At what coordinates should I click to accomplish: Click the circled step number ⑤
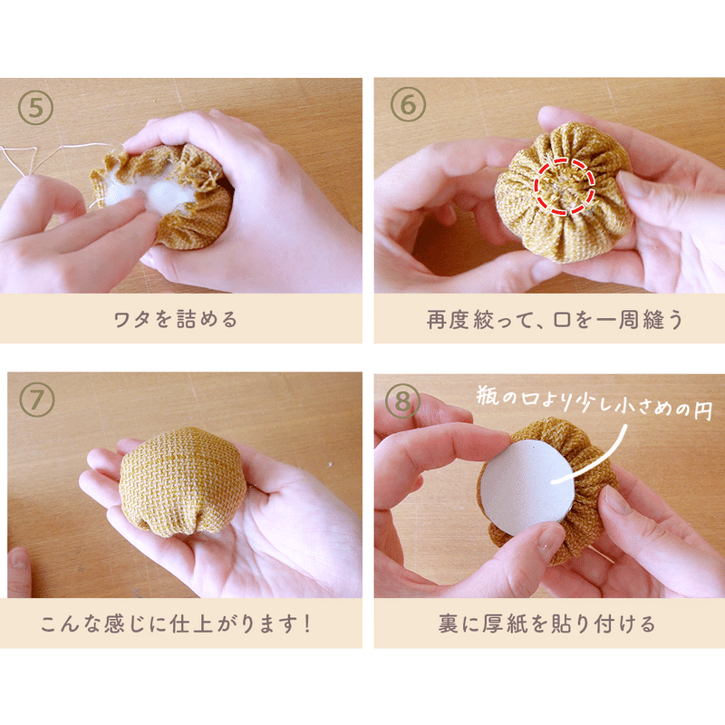tap(36, 106)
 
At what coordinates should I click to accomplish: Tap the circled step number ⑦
tap(37, 400)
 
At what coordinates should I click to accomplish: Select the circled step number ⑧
tap(402, 400)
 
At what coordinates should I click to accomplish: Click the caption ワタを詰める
tap(185, 320)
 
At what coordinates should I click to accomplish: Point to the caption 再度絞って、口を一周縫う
tap(549, 320)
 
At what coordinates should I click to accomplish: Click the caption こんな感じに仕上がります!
tap(185, 624)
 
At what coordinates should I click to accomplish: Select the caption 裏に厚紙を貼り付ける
tap(549, 624)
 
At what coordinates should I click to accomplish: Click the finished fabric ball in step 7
tap(182, 480)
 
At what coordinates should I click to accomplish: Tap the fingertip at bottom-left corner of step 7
tap(18, 572)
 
